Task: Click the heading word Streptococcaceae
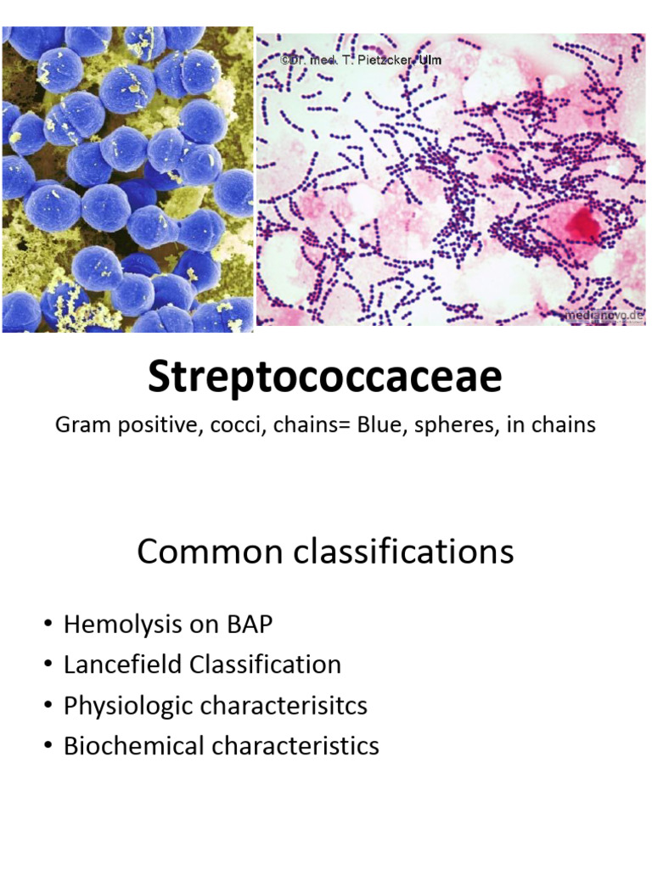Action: pos(325,378)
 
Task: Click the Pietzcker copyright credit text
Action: pos(361,60)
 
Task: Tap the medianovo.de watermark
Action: pos(602,315)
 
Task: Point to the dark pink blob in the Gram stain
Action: pos(583,222)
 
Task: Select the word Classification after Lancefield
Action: pos(266,664)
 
